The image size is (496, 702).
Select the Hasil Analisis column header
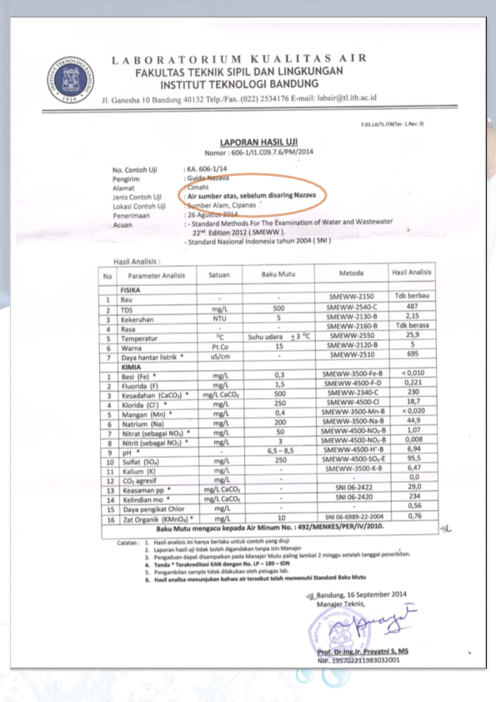coord(412,272)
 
